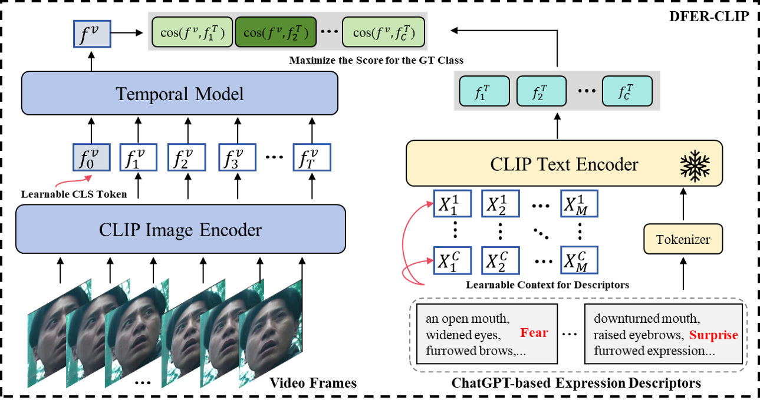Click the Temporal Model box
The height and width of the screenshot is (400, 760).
coord(179,93)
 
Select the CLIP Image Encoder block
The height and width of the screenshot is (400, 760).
coord(180,229)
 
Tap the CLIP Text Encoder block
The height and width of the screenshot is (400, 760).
coord(564,163)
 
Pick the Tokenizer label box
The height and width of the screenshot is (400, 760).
coord(683,239)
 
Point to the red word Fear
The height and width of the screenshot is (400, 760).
coord(534,333)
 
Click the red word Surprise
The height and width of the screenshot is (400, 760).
coord(713,335)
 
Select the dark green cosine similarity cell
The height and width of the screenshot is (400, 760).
coord(275,32)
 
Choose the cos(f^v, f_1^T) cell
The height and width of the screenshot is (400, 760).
coord(192,32)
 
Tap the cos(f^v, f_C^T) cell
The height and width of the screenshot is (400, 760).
coord(383,32)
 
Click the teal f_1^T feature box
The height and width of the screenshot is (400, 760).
coord(484,91)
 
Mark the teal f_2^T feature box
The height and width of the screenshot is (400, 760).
coord(541,91)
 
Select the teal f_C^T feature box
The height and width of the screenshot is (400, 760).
coord(627,91)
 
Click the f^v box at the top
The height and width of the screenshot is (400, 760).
coord(92,34)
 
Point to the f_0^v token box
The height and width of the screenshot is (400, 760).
coord(91,157)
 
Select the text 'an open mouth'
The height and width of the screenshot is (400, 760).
coord(466,319)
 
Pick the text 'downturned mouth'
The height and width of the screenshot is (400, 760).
coord(646,319)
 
